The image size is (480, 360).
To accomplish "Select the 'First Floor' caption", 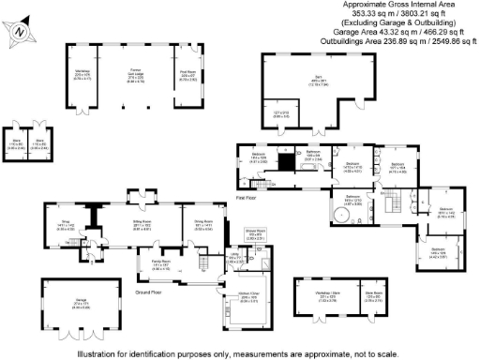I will pyautogui.click(x=247, y=198).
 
